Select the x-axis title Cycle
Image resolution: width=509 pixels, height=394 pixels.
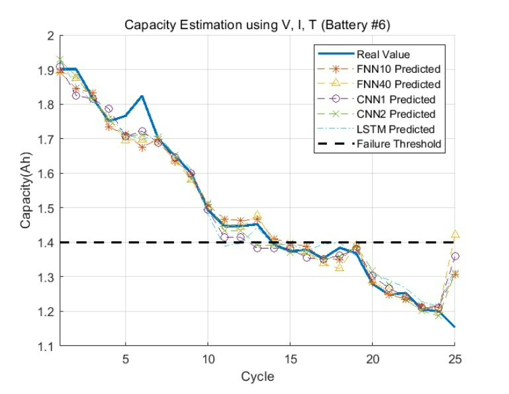(x=257, y=377)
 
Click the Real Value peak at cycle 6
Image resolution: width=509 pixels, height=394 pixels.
(x=142, y=97)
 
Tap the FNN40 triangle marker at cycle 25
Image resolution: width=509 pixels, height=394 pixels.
(x=454, y=234)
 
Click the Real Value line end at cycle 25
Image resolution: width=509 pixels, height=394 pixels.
(x=454, y=327)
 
